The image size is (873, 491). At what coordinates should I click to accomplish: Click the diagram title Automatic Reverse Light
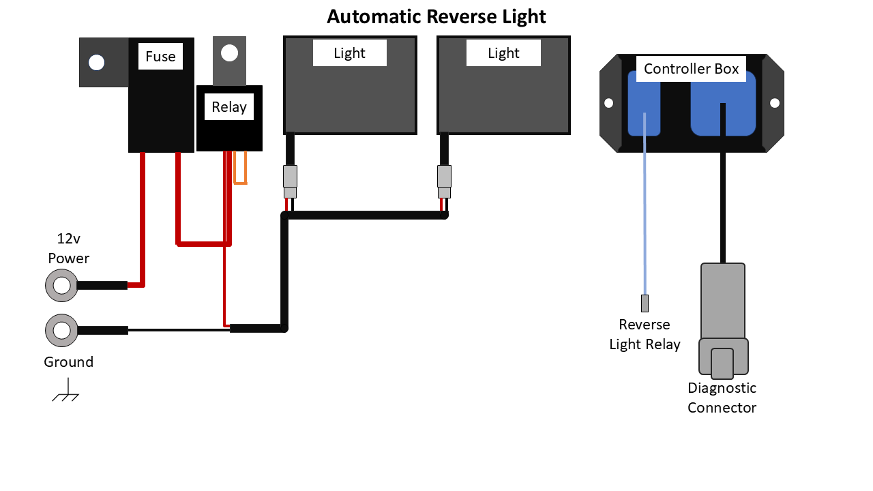(x=436, y=16)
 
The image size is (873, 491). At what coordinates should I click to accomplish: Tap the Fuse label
(x=160, y=57)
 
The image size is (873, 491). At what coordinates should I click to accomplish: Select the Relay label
(x=229, y=107)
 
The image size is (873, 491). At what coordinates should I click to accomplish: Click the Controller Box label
(x=691, y=69)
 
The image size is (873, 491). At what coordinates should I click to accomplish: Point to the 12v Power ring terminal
(x=62, y=285)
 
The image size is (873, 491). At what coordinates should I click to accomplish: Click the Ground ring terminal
(x=62, y=331)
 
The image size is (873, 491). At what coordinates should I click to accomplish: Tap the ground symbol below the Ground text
(x=66, y=396)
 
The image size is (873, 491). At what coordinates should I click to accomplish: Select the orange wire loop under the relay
(x=240, y=170)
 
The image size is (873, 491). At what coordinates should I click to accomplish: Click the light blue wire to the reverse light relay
(x=645, y=218)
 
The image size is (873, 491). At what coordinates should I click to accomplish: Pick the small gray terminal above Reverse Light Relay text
(x=645, y=303)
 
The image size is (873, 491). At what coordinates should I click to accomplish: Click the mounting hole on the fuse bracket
(x=97, y=63)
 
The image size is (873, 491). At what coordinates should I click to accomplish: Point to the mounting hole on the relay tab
(x=230, y=53)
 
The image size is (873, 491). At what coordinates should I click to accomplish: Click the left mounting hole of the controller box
(x=609, y=103)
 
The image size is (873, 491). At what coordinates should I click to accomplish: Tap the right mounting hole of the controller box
(x=775, y=103)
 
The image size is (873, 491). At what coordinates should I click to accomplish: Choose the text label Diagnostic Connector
(x=722, y=398)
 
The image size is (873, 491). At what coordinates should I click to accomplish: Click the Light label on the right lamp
(x=503, y=53)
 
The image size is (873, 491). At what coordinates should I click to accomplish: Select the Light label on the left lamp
(x=350, y=53)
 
